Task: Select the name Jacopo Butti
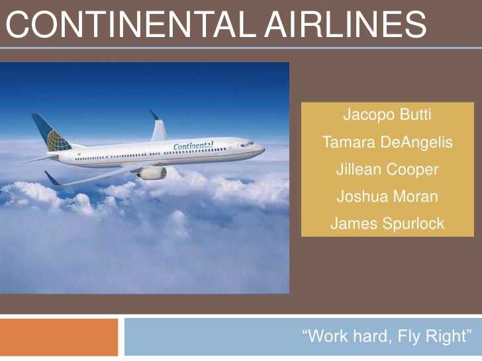[387, 115]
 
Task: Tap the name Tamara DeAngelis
[387, 142]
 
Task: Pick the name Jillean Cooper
[387, 170]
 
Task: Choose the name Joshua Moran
[387, 197]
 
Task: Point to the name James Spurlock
[387, 224]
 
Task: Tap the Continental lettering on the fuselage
[193, 145]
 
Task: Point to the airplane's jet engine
[153, 173]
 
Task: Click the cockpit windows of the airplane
[246, 143]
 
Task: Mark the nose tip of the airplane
[263, 150]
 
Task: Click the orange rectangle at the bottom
[59, 337]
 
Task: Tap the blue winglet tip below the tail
[52, 177]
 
